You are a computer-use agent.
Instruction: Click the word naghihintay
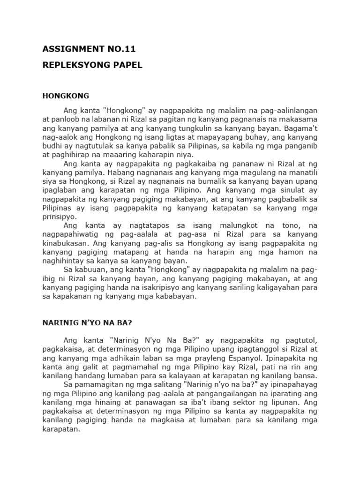pyautogui.click(x=63, y=261)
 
